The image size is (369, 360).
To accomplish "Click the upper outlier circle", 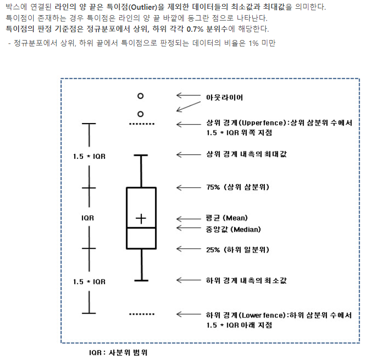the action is pyautogui.click(x=141, y=96).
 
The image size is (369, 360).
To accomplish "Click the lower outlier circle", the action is pyautogui.click(x=141, y=114).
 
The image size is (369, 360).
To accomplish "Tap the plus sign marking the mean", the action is pyautogui.click(x=141, y=219).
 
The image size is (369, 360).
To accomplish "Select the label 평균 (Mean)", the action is pyautogui.click(x=227, y=218).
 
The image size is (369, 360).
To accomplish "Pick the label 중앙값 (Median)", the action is pyautogui.click(x=233, y=229).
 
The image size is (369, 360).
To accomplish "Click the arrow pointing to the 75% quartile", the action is pyautogui.click(x=186, y=187).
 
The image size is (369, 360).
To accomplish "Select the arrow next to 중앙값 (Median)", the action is pyautogui.click(x=186, y=228).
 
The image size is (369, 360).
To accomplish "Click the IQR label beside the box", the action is pyautogui.click(x=88, y=218).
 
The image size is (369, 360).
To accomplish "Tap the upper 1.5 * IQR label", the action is pyautogui.click(x=89, y=157).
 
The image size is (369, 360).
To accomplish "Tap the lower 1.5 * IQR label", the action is pyautogui.click(x=89, y=282).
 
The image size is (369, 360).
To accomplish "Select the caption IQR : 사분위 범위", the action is pyautogui.click(x=118, y=352).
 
